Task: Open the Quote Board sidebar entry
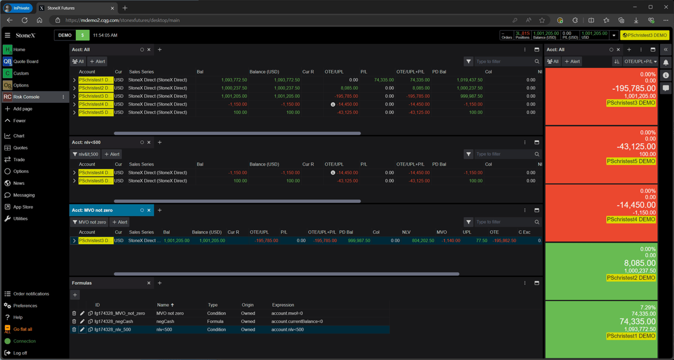pyautogui.click(x=26, y=62)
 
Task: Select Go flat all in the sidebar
pyautogui.click(x=22, y=330)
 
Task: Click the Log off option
pyautogui.click(x=20, y=353)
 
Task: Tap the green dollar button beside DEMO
pyautogui.click(x=83, y=35)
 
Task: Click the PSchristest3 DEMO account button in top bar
pyautogui.click(x=645, y=35)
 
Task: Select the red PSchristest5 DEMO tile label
pyautogui.click(x=631, y=161)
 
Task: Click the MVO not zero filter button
pyautogui.click(x=89, y=222)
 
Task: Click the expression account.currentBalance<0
pyautogui.click(x=297, y=322)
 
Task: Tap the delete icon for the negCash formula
pyautogui.click(x=74, y=322)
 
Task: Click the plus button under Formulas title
pyautogui.click(x=75, y=295)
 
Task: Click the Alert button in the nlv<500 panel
pyautogui.click(x=112, y=154)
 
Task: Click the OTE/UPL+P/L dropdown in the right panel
pyautogui.click(x=640, y=62)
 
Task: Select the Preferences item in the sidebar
pyautogui.click(x=25, y=306)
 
